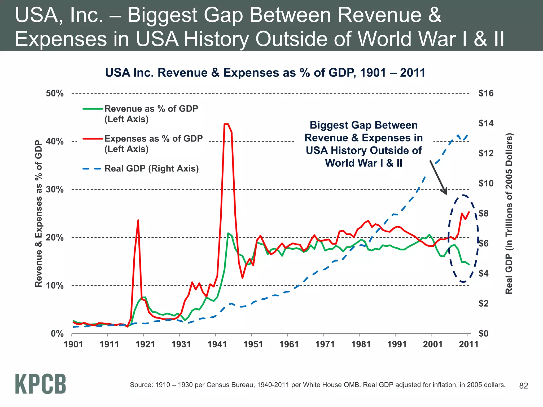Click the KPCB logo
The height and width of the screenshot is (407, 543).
(x=40, y=384)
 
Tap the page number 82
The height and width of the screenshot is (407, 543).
(x=524, y=386)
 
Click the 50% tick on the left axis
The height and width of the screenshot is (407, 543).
(x=55, y=94)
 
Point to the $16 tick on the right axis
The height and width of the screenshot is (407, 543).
(x=486, y=93)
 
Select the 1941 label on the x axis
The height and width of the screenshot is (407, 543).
(x=217, y=344)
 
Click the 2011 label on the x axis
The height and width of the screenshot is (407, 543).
(x=468, y=344)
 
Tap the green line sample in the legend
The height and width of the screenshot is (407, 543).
(x=93, y=109)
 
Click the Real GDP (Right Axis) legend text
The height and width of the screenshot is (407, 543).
(x=151, y=169)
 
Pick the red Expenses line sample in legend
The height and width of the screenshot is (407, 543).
(x=93, y=139)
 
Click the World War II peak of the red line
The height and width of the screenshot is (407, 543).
(x=226, y=124)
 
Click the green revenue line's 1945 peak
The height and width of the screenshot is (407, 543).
(x=228, y=233)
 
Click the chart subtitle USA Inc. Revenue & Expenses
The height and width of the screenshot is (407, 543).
(x=265, y=73)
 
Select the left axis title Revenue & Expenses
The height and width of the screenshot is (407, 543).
(x=39, y=214)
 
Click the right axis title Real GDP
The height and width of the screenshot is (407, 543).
(x=509, y=214)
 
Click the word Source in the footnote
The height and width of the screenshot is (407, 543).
(x=140, y=385)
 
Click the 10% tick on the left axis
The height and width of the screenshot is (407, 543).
(x=55, y=286)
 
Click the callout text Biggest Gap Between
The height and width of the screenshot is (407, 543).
(x=364, y=125)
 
